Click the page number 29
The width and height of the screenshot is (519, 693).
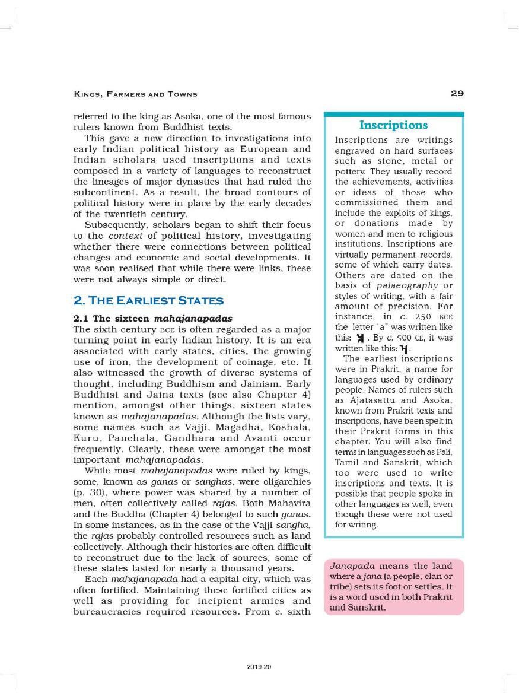point(457,93)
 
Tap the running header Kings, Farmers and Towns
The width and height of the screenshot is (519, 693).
point(135,94)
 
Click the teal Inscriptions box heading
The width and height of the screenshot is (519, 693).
point(393,125)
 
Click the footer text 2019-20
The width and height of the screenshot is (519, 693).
point(259,667)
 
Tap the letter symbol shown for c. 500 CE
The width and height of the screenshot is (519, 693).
point(405,348)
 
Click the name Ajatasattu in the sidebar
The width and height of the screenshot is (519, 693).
point(364,400)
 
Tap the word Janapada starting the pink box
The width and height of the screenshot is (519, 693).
point(349,565)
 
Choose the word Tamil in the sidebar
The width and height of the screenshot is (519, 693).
point(348,462)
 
